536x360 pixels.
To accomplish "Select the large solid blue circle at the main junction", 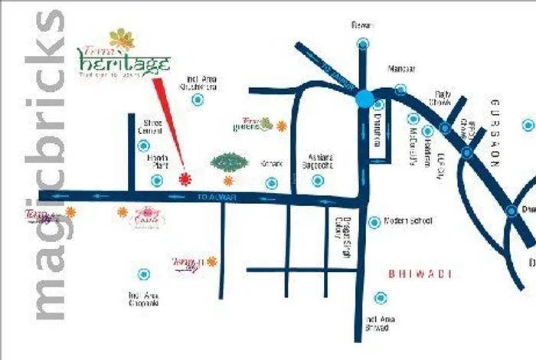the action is click(364, 98).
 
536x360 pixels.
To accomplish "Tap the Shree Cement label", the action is click(150, 127).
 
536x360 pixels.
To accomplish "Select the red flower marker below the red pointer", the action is click(184, 179).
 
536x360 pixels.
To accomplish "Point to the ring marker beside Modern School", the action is click(374, 222).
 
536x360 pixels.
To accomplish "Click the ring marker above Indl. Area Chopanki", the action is click(143, 273).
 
